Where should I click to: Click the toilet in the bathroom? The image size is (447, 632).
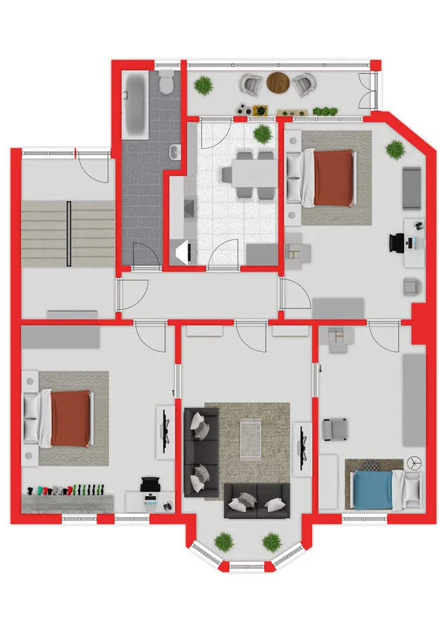167,82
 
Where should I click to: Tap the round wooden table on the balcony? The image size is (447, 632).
278,84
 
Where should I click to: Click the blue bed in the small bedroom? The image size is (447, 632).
376,487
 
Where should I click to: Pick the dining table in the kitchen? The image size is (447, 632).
248,172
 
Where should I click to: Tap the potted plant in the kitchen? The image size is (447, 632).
263,132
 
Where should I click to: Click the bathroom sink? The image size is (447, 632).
176,151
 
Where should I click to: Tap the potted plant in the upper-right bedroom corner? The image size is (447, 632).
396,150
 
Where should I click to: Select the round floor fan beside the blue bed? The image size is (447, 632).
415,463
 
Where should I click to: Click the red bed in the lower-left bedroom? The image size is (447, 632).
69,419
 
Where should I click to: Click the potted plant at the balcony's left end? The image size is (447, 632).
204,85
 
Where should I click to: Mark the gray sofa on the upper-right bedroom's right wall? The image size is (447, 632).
412,188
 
